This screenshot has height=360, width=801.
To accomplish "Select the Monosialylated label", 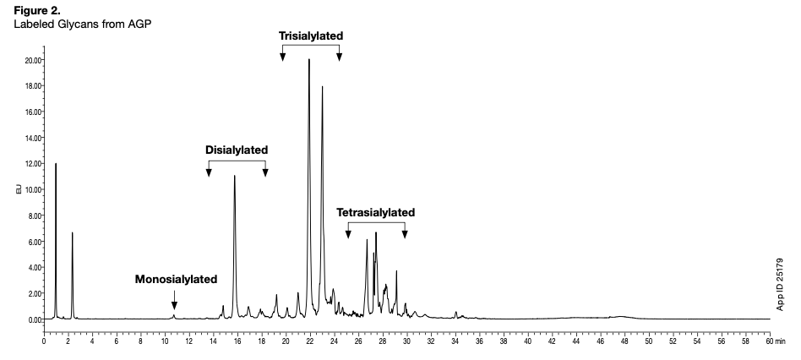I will [x=176, y=279].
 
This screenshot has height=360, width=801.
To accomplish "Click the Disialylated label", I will [x=237, y=150].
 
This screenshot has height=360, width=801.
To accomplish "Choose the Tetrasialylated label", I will [x=376, y=212].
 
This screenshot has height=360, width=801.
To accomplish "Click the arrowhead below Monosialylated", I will [x=174, y=306].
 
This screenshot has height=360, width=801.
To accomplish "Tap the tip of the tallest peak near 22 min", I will [x=309, y=60].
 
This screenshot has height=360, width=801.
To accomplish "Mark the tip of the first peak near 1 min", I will [x=56, y=164].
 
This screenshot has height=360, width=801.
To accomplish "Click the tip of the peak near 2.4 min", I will [x=73, y=232].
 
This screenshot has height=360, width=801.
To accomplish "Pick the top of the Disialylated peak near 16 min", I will [x=235, y=176].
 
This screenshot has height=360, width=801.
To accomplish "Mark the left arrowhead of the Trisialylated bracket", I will [x=283, y=57].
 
